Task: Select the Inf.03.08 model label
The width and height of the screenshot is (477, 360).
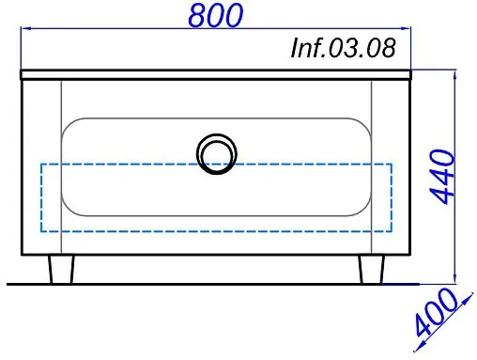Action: point(342,48)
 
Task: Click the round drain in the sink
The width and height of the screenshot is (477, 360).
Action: point(217,152)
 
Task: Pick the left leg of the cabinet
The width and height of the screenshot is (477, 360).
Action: point(61,269)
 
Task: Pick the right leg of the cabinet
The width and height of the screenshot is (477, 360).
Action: point(370,269)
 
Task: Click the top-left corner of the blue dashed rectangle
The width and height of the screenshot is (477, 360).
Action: point(41,164)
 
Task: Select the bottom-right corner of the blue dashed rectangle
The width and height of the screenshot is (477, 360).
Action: point(392,230)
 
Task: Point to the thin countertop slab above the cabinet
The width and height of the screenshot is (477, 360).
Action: point(217,73)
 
